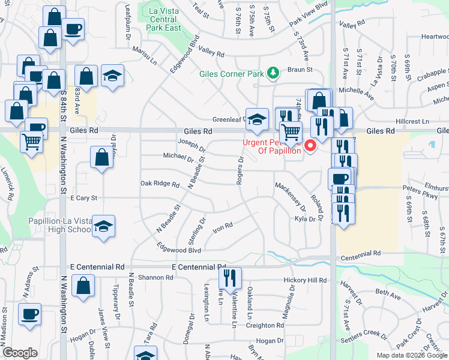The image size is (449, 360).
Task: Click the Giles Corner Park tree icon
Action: coord(274,73)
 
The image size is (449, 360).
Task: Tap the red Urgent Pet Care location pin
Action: coord(310,145)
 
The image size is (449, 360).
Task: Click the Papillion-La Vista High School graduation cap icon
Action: coord(104,227)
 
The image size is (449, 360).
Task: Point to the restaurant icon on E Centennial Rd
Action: coord(230,278)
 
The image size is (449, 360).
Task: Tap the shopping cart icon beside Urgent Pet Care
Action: coord(291,131)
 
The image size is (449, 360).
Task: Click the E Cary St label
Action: coord(83,197)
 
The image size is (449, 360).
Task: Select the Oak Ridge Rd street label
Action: coord(160,184)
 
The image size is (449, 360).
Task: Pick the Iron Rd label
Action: coord(222,226)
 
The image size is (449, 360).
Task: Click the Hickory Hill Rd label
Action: coord(306,280)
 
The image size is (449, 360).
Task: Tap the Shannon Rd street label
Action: coord(155,277)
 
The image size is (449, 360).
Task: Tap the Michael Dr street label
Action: coord(178,157)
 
